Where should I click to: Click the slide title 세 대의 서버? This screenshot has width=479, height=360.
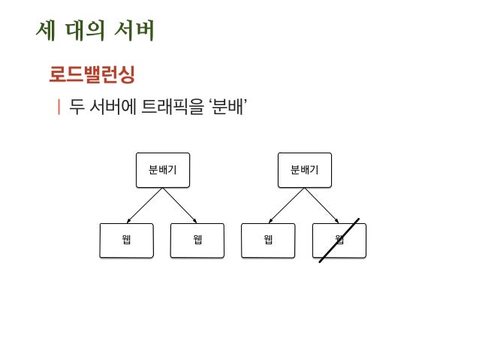(95, 32)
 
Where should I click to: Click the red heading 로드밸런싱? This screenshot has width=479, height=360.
(92, 76)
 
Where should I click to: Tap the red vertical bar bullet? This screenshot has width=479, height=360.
(58, 108)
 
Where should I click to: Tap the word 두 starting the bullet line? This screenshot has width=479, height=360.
(76, 108)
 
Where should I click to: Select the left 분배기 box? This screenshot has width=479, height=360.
(162, 170)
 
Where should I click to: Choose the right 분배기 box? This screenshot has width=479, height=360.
(304, 170)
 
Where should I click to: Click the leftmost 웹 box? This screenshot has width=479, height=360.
(127, 241)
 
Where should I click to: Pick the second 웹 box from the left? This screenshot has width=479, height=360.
(197, 241)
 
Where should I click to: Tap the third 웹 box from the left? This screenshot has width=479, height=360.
(268, 241)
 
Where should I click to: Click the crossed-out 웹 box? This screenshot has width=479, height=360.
(339, 241)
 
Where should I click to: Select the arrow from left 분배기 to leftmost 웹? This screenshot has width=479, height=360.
(144, 205)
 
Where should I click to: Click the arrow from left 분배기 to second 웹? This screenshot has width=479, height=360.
(180, 205)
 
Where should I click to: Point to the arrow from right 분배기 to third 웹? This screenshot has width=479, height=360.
(286, 205)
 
